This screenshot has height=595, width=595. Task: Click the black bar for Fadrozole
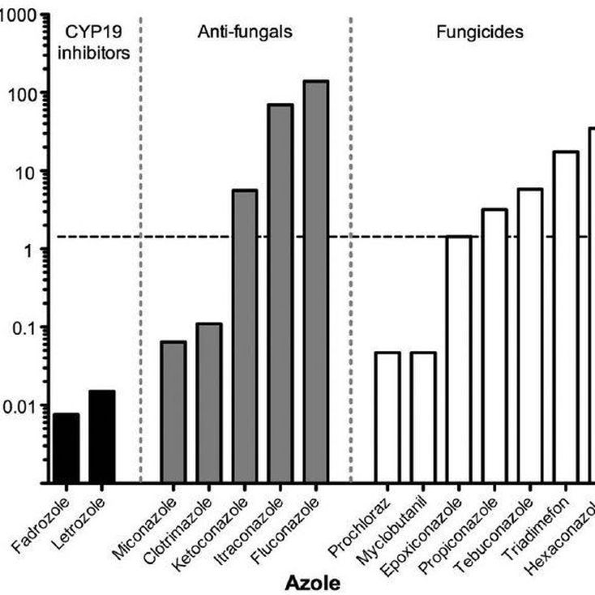coord(66,448)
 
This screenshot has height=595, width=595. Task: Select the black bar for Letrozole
coord(102,437)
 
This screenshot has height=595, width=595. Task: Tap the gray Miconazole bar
coord(173,413)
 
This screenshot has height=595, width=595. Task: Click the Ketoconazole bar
coord(245,336)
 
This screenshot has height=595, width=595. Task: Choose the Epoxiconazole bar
coord(459,360)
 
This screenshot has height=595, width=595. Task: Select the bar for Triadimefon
coord(566,317)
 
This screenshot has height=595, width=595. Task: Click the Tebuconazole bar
coord(530,336)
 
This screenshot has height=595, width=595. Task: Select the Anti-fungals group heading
coord(246,33)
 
